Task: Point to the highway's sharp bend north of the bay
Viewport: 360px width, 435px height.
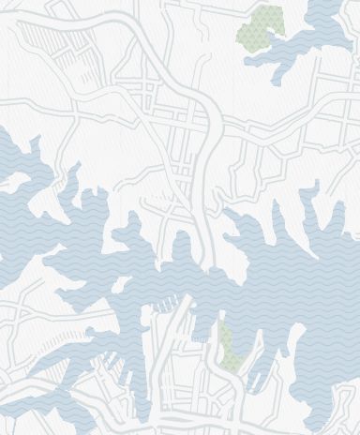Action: click(215, 108)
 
